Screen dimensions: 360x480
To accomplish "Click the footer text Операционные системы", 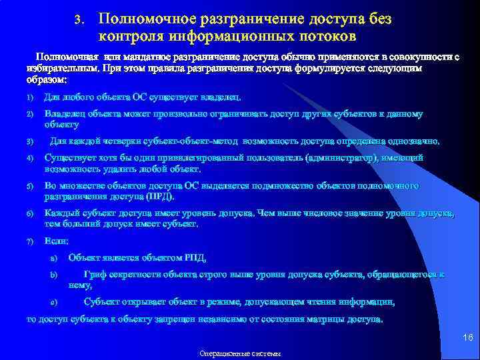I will click(240, 353).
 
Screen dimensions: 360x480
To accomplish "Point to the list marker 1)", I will click(30, 98).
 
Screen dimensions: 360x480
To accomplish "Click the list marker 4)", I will click(30, 159).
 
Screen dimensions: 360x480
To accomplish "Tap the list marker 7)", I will click(30, 241).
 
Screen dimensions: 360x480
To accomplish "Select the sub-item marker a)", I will click(54, 258).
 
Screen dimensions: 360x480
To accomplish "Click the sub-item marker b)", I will click(54, 275).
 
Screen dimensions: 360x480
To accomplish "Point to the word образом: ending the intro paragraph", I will click(47, 80).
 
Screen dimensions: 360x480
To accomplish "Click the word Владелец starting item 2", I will click(65, 114).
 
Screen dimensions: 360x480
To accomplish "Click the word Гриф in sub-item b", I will click(94, 274).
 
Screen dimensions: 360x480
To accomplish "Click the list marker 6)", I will click(30, 213).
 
